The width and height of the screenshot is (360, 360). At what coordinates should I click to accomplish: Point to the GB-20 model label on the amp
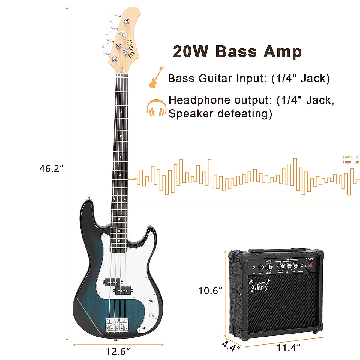[x=310, y=259]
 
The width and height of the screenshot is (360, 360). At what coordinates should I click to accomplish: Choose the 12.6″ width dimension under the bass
[x=118, y=351]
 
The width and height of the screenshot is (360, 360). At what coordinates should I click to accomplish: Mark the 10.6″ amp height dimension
[x=210, y=290]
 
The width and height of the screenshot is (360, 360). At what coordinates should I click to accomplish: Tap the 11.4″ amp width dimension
[x=288, y=348]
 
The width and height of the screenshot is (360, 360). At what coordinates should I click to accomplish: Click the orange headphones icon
[x=156, y=108]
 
